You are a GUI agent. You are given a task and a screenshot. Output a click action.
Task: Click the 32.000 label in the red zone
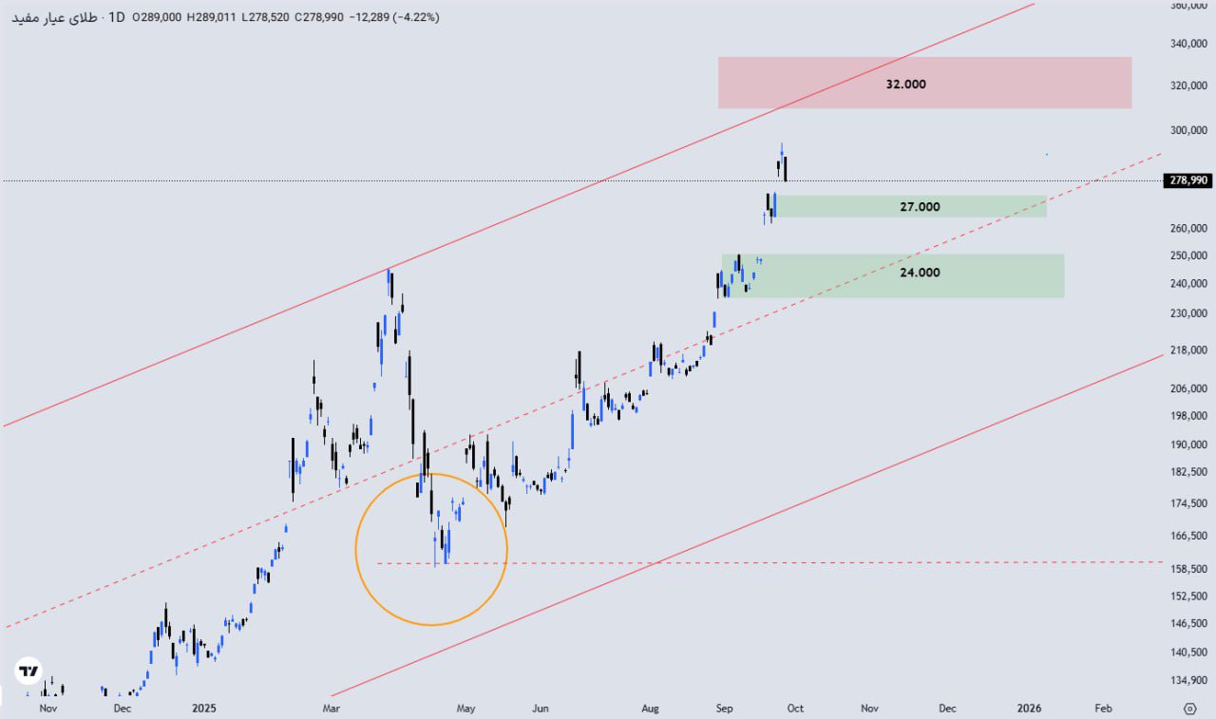point(905,84)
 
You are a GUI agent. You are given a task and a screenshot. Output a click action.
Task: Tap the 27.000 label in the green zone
point(920,207)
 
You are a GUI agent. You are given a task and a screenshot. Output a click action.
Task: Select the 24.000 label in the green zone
point(920,273)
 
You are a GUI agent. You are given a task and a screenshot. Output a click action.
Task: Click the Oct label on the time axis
point(795,708)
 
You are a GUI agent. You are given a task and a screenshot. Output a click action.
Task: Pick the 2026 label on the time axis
point(1030,708)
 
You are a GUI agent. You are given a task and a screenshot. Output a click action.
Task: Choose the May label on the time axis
point(465,708)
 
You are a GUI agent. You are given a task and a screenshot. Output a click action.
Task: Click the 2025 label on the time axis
point(204,708)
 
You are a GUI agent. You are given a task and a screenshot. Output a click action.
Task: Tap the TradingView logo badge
point(29,672)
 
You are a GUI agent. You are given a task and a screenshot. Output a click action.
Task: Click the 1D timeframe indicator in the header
point(117,17)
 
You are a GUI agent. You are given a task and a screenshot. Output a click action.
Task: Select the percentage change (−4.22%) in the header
point(410,17)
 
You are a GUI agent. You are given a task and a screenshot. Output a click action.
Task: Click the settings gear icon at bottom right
point(1189,708)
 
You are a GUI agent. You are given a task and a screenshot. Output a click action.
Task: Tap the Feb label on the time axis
point(1103,708)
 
